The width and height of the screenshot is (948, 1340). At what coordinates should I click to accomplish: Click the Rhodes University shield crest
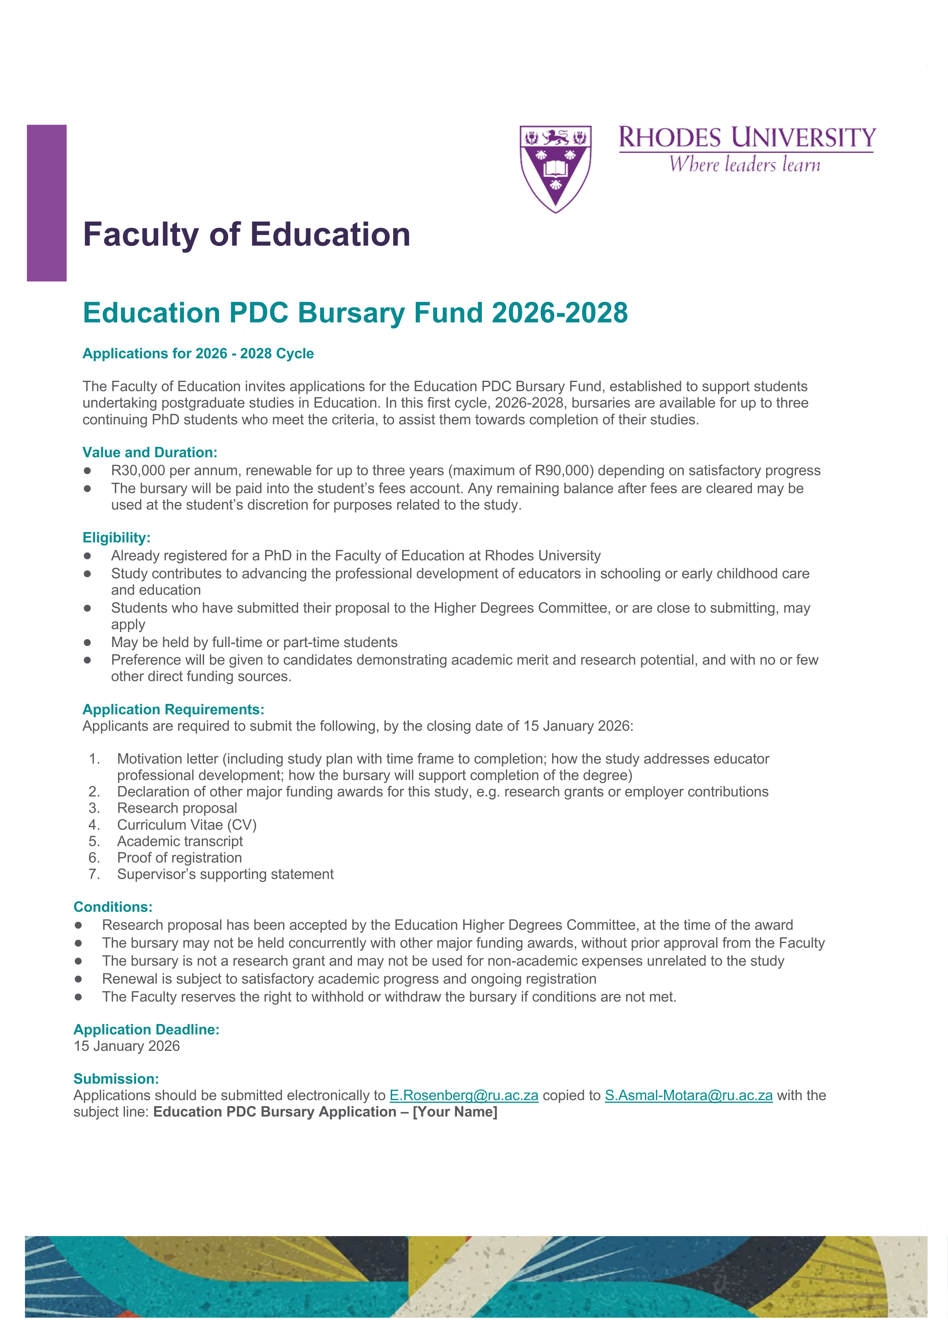pos(555,168)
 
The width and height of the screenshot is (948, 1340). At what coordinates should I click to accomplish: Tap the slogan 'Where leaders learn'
pos(745,165)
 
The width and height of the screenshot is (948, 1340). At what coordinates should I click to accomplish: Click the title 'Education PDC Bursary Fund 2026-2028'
pos(355,313)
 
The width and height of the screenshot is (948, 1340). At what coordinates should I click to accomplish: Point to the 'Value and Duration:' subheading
pos(149,452)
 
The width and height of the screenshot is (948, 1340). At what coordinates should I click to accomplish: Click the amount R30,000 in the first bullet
pos(138,470)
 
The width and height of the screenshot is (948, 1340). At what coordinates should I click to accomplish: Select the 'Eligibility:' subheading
pos(116,537)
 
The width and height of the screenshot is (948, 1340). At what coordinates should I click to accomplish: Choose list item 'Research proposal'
pos(177,808)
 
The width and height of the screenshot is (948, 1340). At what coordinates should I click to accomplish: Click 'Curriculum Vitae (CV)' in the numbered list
pos(187,825)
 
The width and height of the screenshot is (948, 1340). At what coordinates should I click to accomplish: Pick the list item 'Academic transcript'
pos(180,841)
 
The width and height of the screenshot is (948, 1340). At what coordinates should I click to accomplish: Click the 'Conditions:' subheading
pos(113,906)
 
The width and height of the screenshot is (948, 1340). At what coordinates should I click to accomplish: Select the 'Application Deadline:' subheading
pos(146,1029)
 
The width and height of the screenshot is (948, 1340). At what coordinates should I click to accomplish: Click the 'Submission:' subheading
pos(116,1079)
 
